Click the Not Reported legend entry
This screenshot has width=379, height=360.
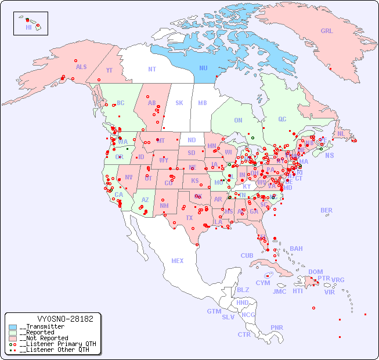click(x=43, y=338)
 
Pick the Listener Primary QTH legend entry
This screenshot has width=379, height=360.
click(x=57, y=344)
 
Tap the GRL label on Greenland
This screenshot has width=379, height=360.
click(x=327, y=31)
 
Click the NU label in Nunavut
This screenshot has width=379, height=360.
click(x=203, y=68)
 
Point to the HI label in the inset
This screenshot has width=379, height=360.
click(x=28, y=27)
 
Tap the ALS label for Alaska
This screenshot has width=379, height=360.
click(x=81, y=67)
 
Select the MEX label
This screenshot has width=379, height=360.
click(x=178, y=261)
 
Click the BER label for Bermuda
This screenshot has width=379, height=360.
click(x=327, y=210)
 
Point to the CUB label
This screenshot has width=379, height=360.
click(x=247, y=255)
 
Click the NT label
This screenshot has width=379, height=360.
click(x=151, y=69)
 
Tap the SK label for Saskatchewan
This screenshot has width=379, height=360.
click(x=179, y=103)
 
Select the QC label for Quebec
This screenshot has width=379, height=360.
click(x=282, y=119)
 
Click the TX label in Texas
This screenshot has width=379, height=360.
click(x=189, y=218)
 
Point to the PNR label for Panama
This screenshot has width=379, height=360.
click(x=277, y=327)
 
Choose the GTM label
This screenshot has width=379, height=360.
click(x=214, y=311)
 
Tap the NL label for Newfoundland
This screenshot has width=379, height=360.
click(x=341, y=133)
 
